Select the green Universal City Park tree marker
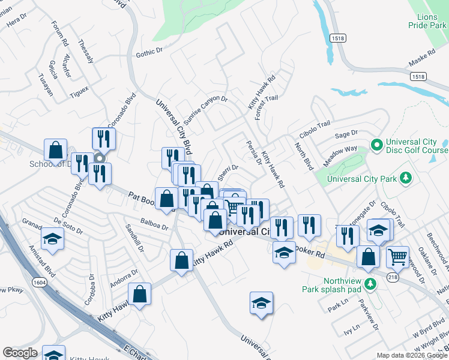coord(406,178)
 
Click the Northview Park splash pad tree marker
coord(371,283)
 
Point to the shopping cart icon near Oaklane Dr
coord(397,256)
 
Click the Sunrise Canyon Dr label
coord(205,110)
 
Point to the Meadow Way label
coord(343,150)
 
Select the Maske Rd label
coord(421,58)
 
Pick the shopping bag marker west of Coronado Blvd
coord(55,150)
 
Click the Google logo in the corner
coord(20,353)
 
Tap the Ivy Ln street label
coord(352,328)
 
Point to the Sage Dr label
coord(346,134)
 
